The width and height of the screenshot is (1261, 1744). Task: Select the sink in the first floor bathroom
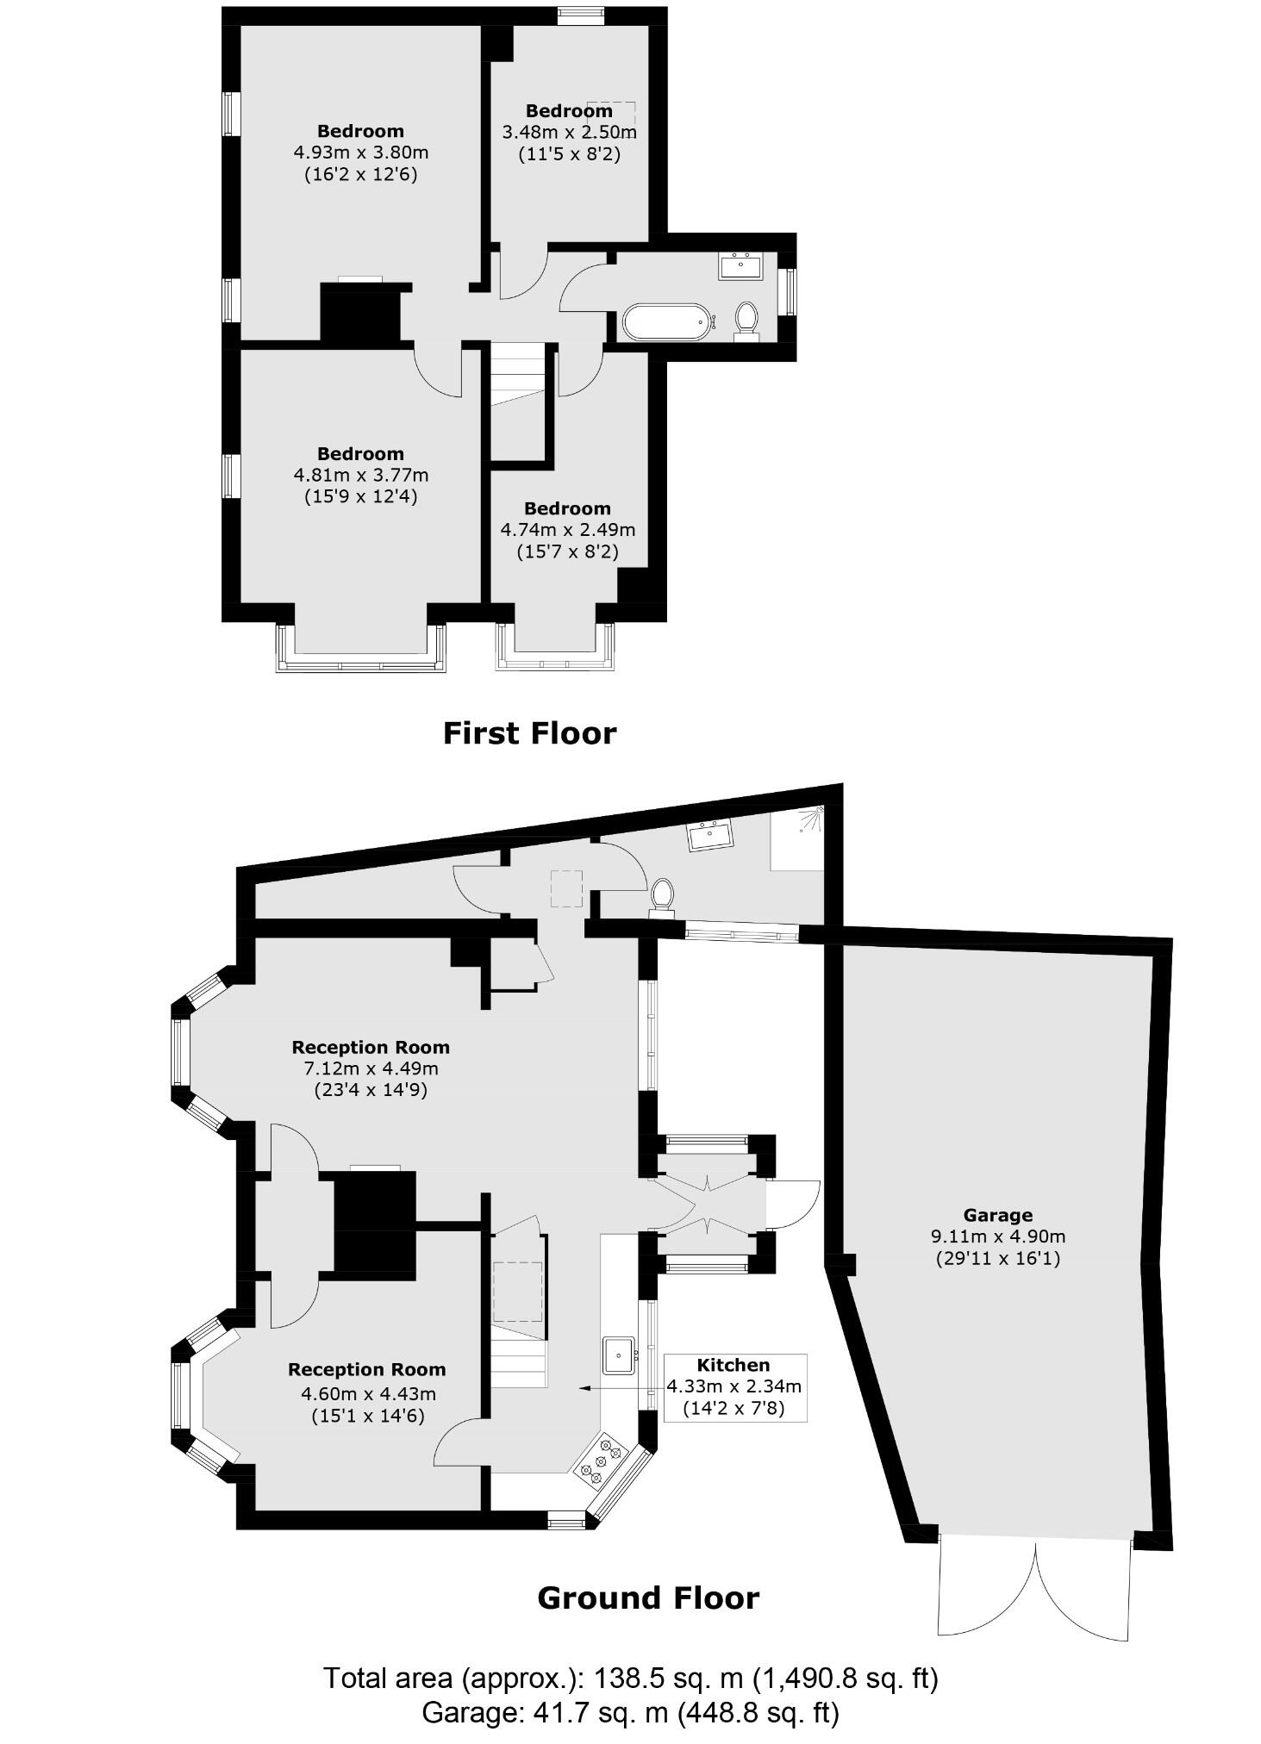[x=740, y=265]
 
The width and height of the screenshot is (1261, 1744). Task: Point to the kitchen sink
[x=619, y=1355]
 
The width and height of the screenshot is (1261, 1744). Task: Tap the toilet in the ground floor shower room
[x=662, y=894]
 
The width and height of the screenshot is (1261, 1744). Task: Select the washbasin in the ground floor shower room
[x=709, y=835]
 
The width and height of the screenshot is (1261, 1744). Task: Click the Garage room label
[x=997, y=1215]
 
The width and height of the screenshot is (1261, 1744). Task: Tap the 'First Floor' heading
[x=529, y=733]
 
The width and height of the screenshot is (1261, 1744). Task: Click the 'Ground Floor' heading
[x=647, y=1598]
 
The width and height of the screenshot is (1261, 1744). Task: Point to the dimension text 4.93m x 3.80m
[x=360, y=153]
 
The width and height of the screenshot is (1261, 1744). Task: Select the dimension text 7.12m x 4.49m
[x=371, y=1068]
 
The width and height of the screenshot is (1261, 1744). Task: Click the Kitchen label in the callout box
[x=733, y=1365]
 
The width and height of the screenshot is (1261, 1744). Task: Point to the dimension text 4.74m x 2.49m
[x=567, y=530]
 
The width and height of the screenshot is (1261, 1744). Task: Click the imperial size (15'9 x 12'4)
[x=360, y=496]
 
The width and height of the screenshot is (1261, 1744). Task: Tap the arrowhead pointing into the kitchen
[x=584, y=1388]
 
